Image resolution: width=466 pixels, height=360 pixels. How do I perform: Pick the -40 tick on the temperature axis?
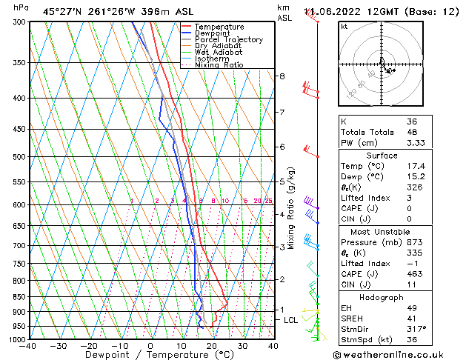(28, 346)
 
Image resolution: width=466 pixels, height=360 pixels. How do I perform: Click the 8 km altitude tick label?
(282, 76)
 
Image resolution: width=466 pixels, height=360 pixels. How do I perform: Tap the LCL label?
(290, 320)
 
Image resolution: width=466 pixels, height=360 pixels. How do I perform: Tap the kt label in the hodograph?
(344, 27)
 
